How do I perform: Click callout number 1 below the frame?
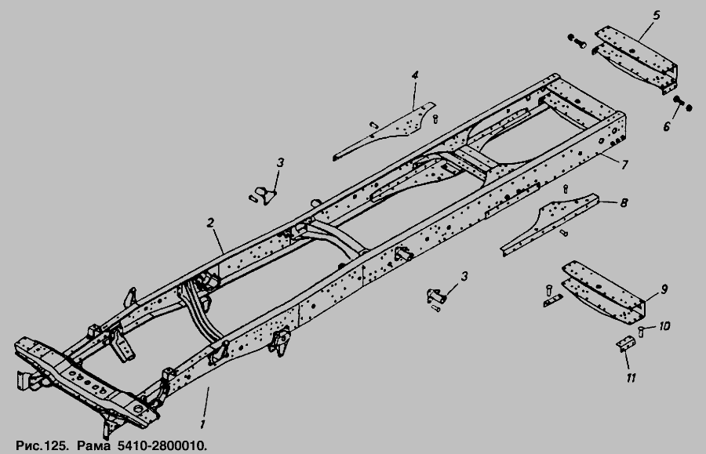point(203,424)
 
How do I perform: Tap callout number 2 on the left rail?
point(209,223)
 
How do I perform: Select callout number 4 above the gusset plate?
point(415,75)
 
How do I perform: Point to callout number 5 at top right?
point(656,16)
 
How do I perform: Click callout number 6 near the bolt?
point(666,126)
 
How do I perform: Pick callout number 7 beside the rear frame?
point(624,165)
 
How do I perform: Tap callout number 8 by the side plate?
point(624,203)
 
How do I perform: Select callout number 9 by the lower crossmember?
point(664,289)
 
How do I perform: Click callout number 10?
point(664,325)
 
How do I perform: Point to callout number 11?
point(631,378)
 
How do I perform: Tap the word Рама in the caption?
point(93,446)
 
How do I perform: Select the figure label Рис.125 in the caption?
point(42,446)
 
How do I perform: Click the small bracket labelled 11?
point(625,343)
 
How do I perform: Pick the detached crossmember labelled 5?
point(635,60)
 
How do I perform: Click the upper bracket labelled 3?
point(266,195)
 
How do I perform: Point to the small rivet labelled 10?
point(641,332)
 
